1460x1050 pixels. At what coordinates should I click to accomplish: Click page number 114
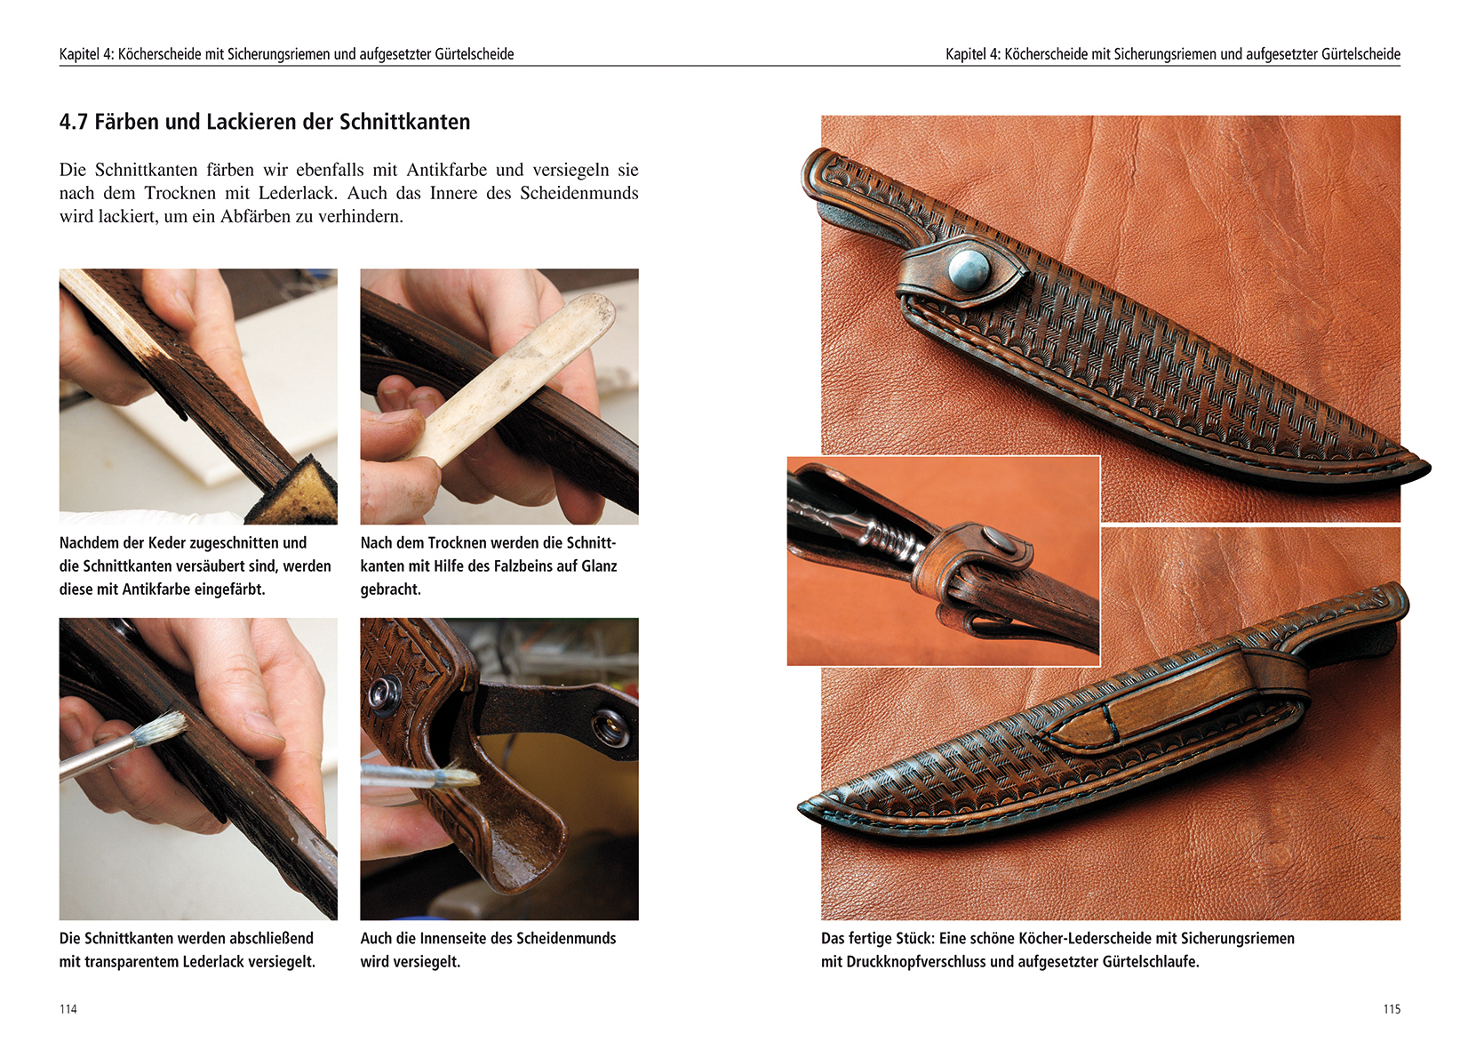(68, 1009)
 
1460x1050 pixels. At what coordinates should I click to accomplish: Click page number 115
(1392, 1009)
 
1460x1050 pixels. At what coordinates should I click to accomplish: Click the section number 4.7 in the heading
(74, 122)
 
